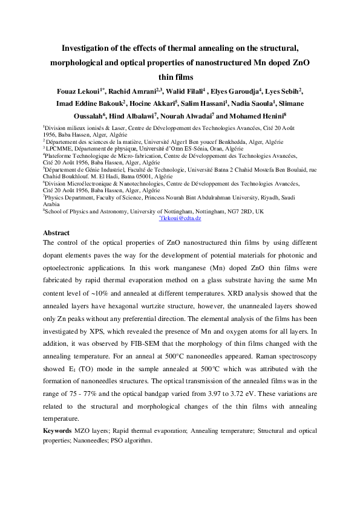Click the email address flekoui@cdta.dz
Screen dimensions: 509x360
pos(180,218)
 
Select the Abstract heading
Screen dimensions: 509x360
pos(56,233)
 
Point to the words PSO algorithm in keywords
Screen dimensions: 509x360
pos(133,440)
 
